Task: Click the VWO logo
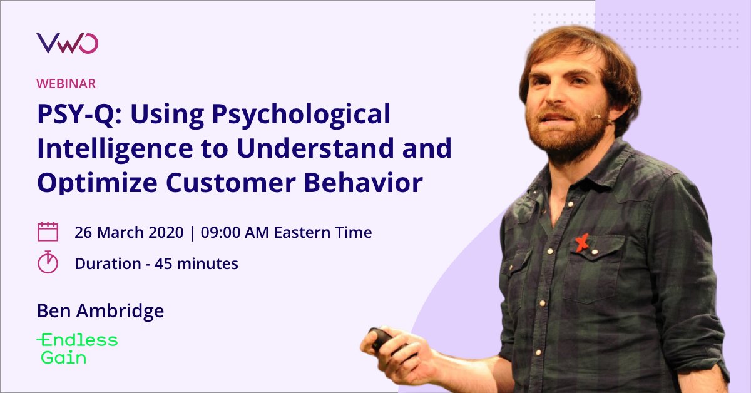point(67,43)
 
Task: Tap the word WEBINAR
point(66,83)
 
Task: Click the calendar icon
point(48,232)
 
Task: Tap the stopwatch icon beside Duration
point(48,262)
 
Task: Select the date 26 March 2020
point(129,233)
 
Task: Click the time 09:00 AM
point(233,233)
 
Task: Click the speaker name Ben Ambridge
point(100,311)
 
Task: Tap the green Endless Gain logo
point(77,349)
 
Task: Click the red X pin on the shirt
point(583,242)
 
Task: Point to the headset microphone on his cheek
point(600,116)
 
